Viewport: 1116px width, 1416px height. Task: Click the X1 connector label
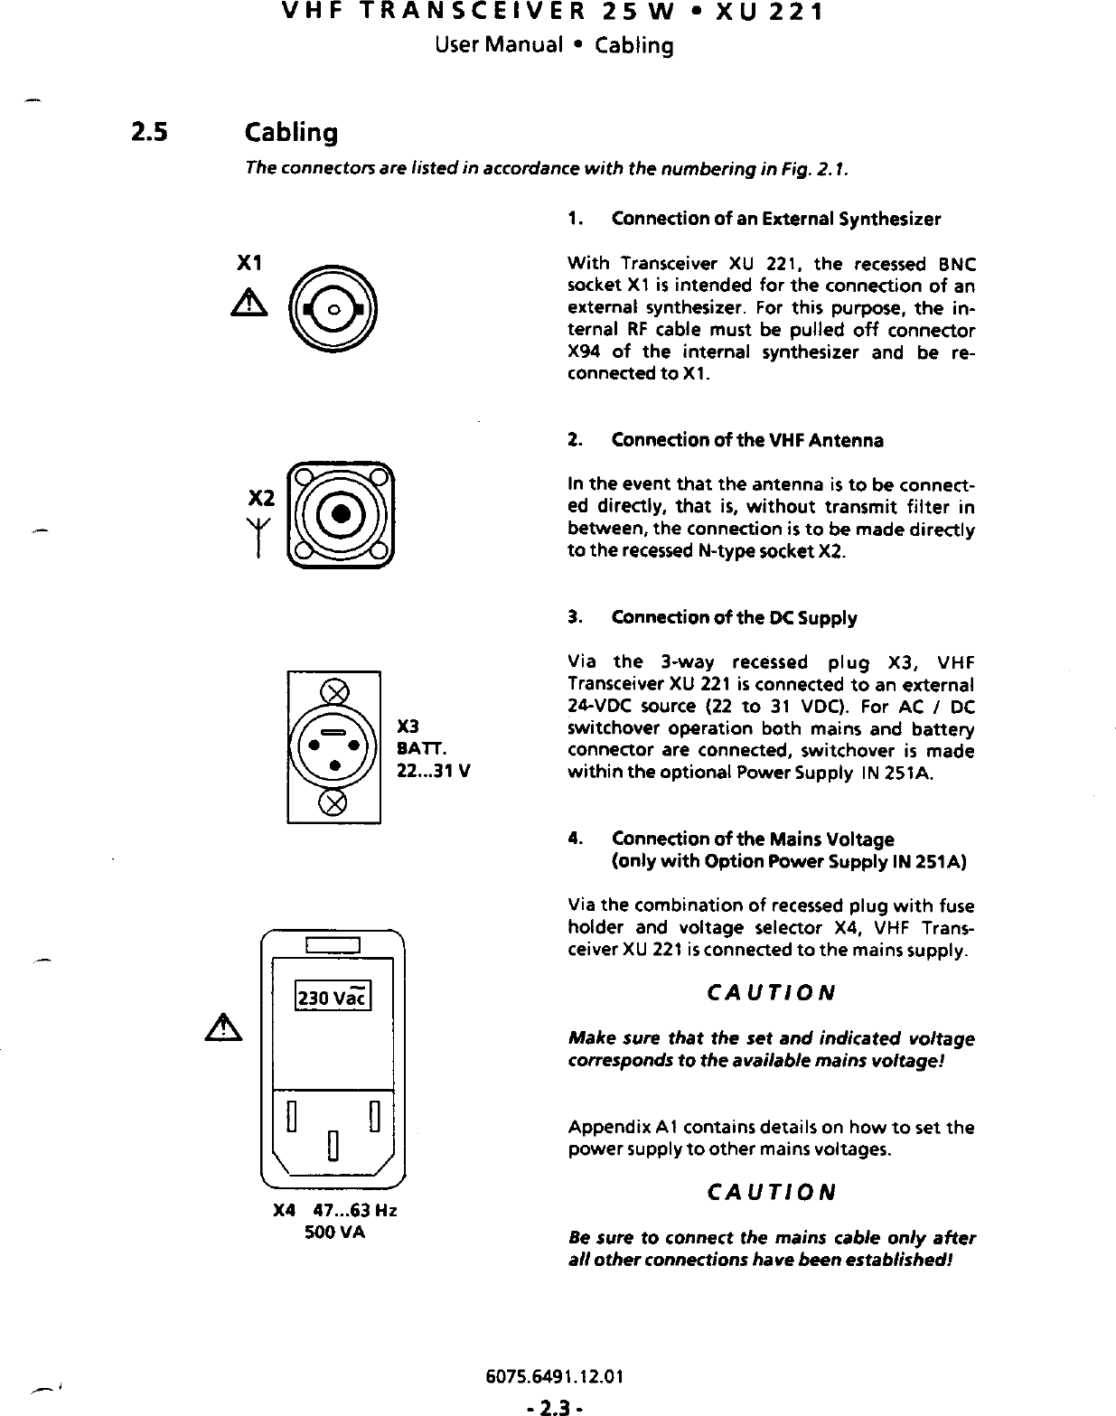249,263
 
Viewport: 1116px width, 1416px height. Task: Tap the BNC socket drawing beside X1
333,309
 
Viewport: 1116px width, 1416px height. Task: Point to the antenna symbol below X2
259,541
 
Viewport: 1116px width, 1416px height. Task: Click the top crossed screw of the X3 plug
334,692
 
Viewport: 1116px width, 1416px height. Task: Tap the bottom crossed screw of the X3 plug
334,802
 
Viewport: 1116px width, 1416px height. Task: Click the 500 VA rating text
334,1232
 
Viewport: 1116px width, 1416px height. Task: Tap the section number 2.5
148,133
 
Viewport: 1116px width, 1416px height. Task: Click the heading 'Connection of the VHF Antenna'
746,441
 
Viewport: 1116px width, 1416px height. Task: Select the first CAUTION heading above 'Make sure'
771,993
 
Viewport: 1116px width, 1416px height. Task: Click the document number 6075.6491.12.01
555,1377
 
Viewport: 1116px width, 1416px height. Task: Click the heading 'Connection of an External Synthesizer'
775,220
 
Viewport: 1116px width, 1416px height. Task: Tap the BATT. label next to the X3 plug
417,748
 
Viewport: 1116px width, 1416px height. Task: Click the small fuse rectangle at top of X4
333,946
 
